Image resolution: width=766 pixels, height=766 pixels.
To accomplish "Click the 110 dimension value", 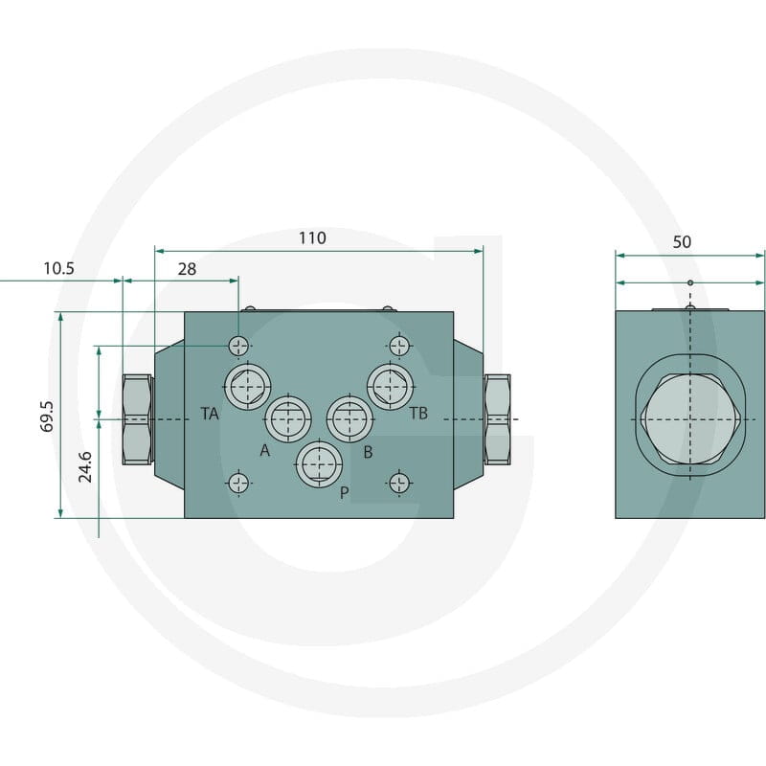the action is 312,237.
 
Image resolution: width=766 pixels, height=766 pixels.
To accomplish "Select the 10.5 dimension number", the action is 58,268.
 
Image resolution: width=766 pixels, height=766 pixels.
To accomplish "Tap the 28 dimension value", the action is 187,269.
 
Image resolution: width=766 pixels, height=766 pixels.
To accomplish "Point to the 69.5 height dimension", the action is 46,417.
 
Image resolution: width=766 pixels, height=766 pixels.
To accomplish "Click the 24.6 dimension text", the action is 85,467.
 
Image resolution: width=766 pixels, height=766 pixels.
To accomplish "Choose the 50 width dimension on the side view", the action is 682,242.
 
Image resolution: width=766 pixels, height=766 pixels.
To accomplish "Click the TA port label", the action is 210,414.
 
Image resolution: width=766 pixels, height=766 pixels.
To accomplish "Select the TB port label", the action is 418,414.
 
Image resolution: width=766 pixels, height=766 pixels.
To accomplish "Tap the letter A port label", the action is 265,450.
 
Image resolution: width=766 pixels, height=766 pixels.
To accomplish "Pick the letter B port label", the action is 368,452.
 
